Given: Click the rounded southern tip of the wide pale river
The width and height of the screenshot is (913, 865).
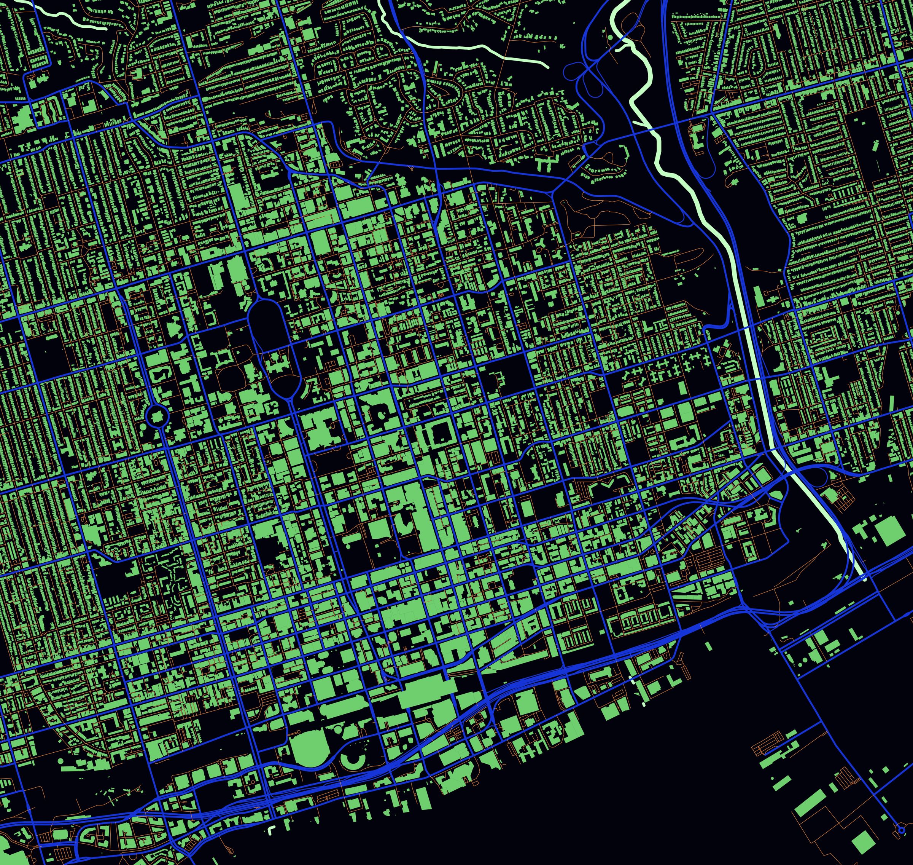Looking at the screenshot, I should pyautogui.click(x=864, y=578).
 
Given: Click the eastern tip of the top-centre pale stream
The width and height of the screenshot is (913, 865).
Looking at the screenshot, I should pyautogui.click(x=547, y=67).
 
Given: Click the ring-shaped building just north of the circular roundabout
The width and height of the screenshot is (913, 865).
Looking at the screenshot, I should pyautogui.click(x=159, y=373).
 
